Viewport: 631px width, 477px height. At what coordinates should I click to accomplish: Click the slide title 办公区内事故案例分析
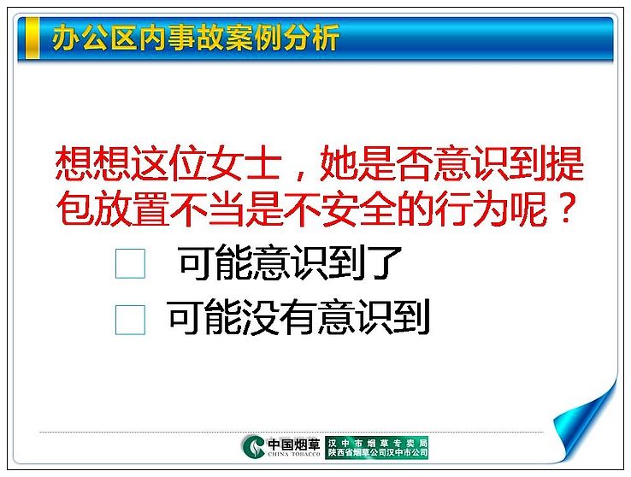[x=196, y=38]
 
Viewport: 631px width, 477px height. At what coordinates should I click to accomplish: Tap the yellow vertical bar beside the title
[x=32, y=38]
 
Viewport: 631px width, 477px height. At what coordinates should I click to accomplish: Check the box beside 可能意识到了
[x=130, y=263]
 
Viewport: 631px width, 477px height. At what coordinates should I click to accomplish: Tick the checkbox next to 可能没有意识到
[x=130, y=320]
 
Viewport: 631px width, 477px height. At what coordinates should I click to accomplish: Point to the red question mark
[x=566, y=209]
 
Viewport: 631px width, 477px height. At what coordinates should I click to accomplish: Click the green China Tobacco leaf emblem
[x=254, y=446]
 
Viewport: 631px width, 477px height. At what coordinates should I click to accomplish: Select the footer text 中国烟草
[x=294, y=444]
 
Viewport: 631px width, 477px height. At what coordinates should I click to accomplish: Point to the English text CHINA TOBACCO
[x=294, y=454]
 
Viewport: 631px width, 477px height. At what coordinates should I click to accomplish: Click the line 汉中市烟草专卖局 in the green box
[x=377, y=443]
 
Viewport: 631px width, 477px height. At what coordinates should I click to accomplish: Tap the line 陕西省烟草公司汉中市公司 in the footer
[x=377, y=453]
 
